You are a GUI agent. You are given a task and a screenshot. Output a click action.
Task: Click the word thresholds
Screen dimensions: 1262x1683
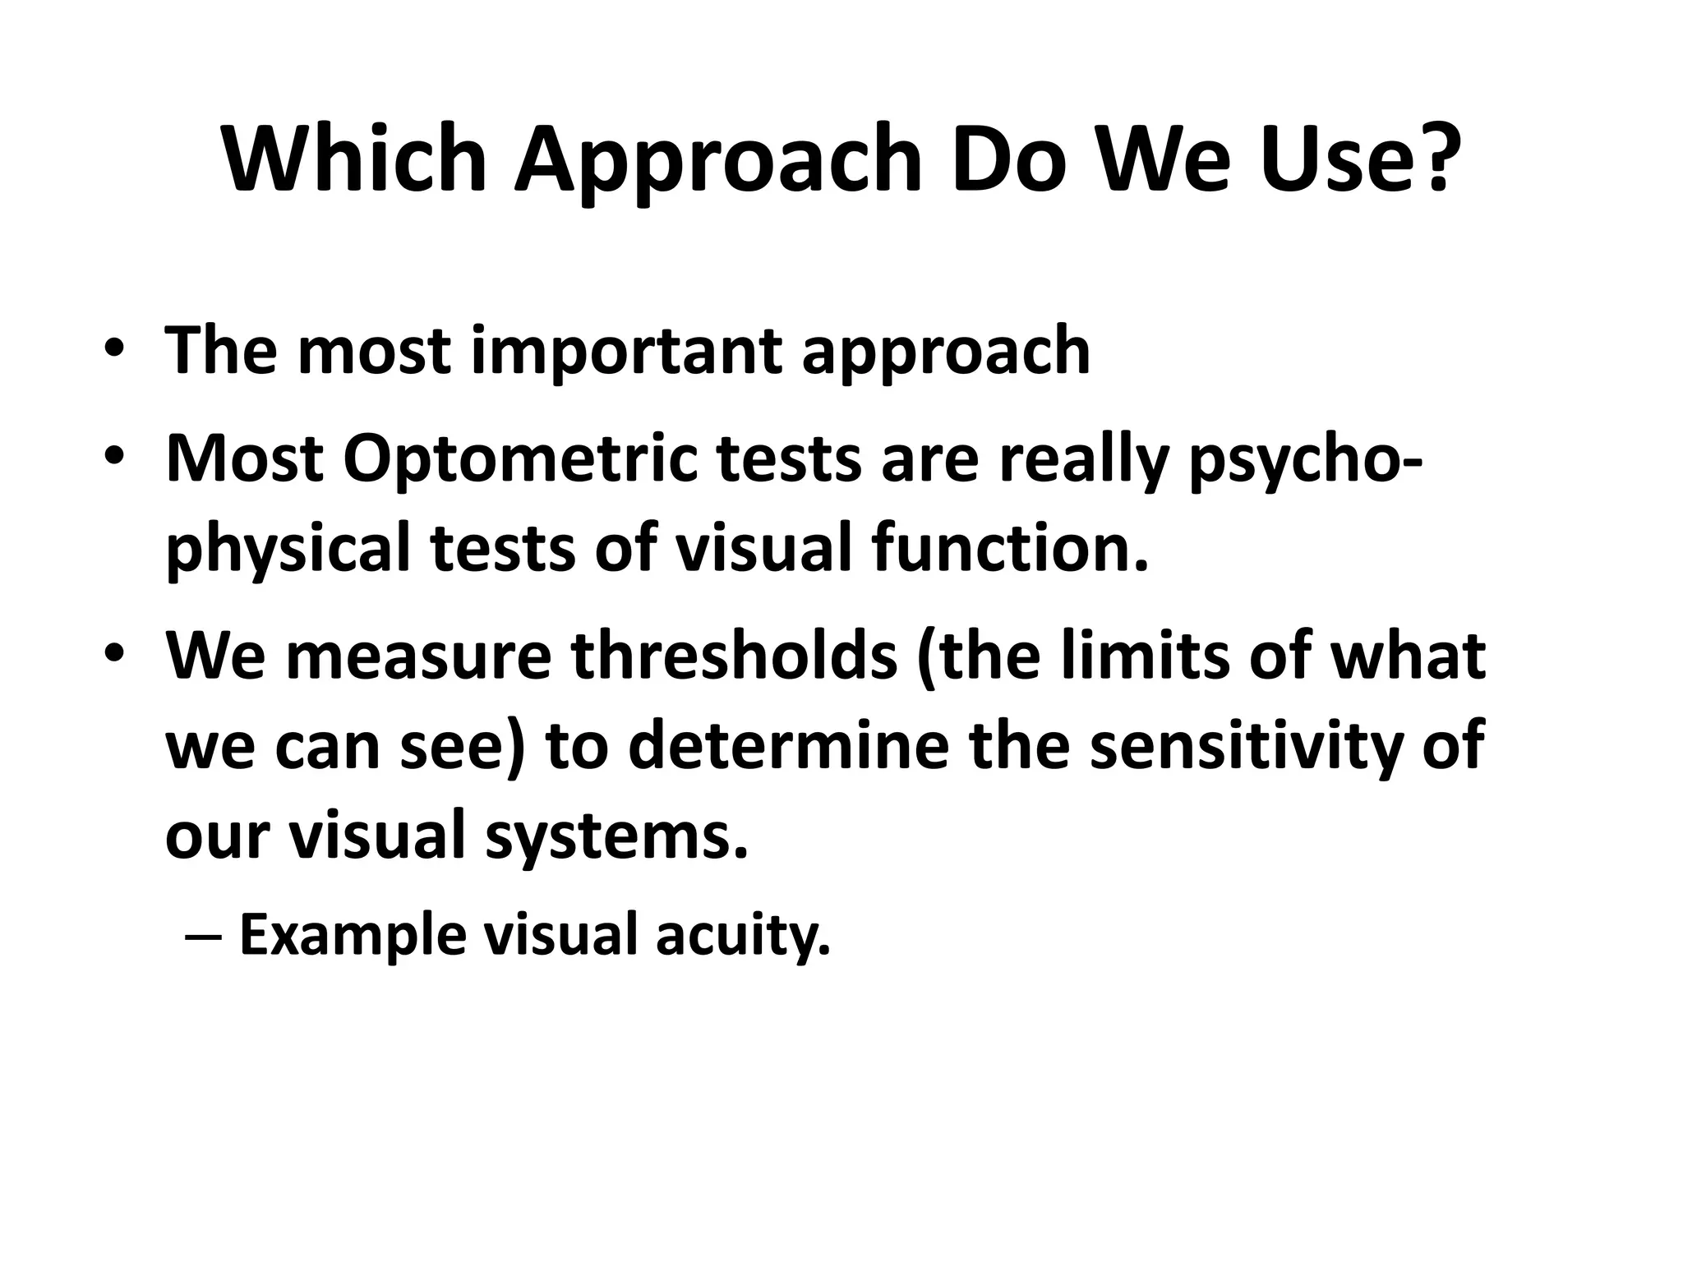(x=735, y=657)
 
